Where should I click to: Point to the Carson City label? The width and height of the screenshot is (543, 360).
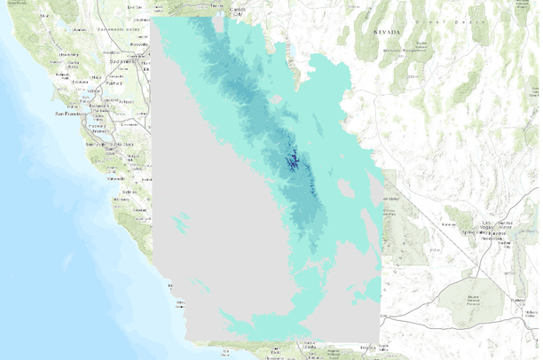coord(237,10)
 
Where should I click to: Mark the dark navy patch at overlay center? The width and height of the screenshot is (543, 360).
coord(291,162)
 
